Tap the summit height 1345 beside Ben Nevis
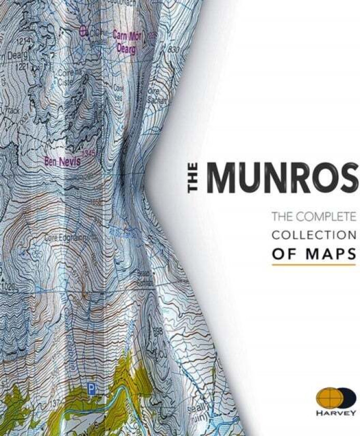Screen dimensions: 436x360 pos(89,154)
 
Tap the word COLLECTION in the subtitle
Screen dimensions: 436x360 pos(314,235)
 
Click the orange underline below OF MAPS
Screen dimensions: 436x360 pos(313,265)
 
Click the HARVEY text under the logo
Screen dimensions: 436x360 pos(336,413)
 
